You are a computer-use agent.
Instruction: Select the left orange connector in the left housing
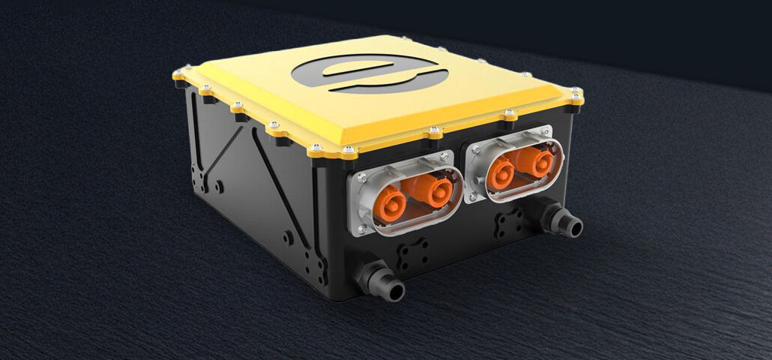(390, 202)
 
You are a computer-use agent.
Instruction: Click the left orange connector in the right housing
(500, 172)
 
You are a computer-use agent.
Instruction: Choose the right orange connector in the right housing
(533, 161)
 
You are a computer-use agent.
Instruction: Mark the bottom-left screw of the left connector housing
(362, 229)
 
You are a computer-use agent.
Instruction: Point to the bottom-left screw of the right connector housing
(472, 196)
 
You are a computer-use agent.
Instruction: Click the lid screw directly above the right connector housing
(510, 115)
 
